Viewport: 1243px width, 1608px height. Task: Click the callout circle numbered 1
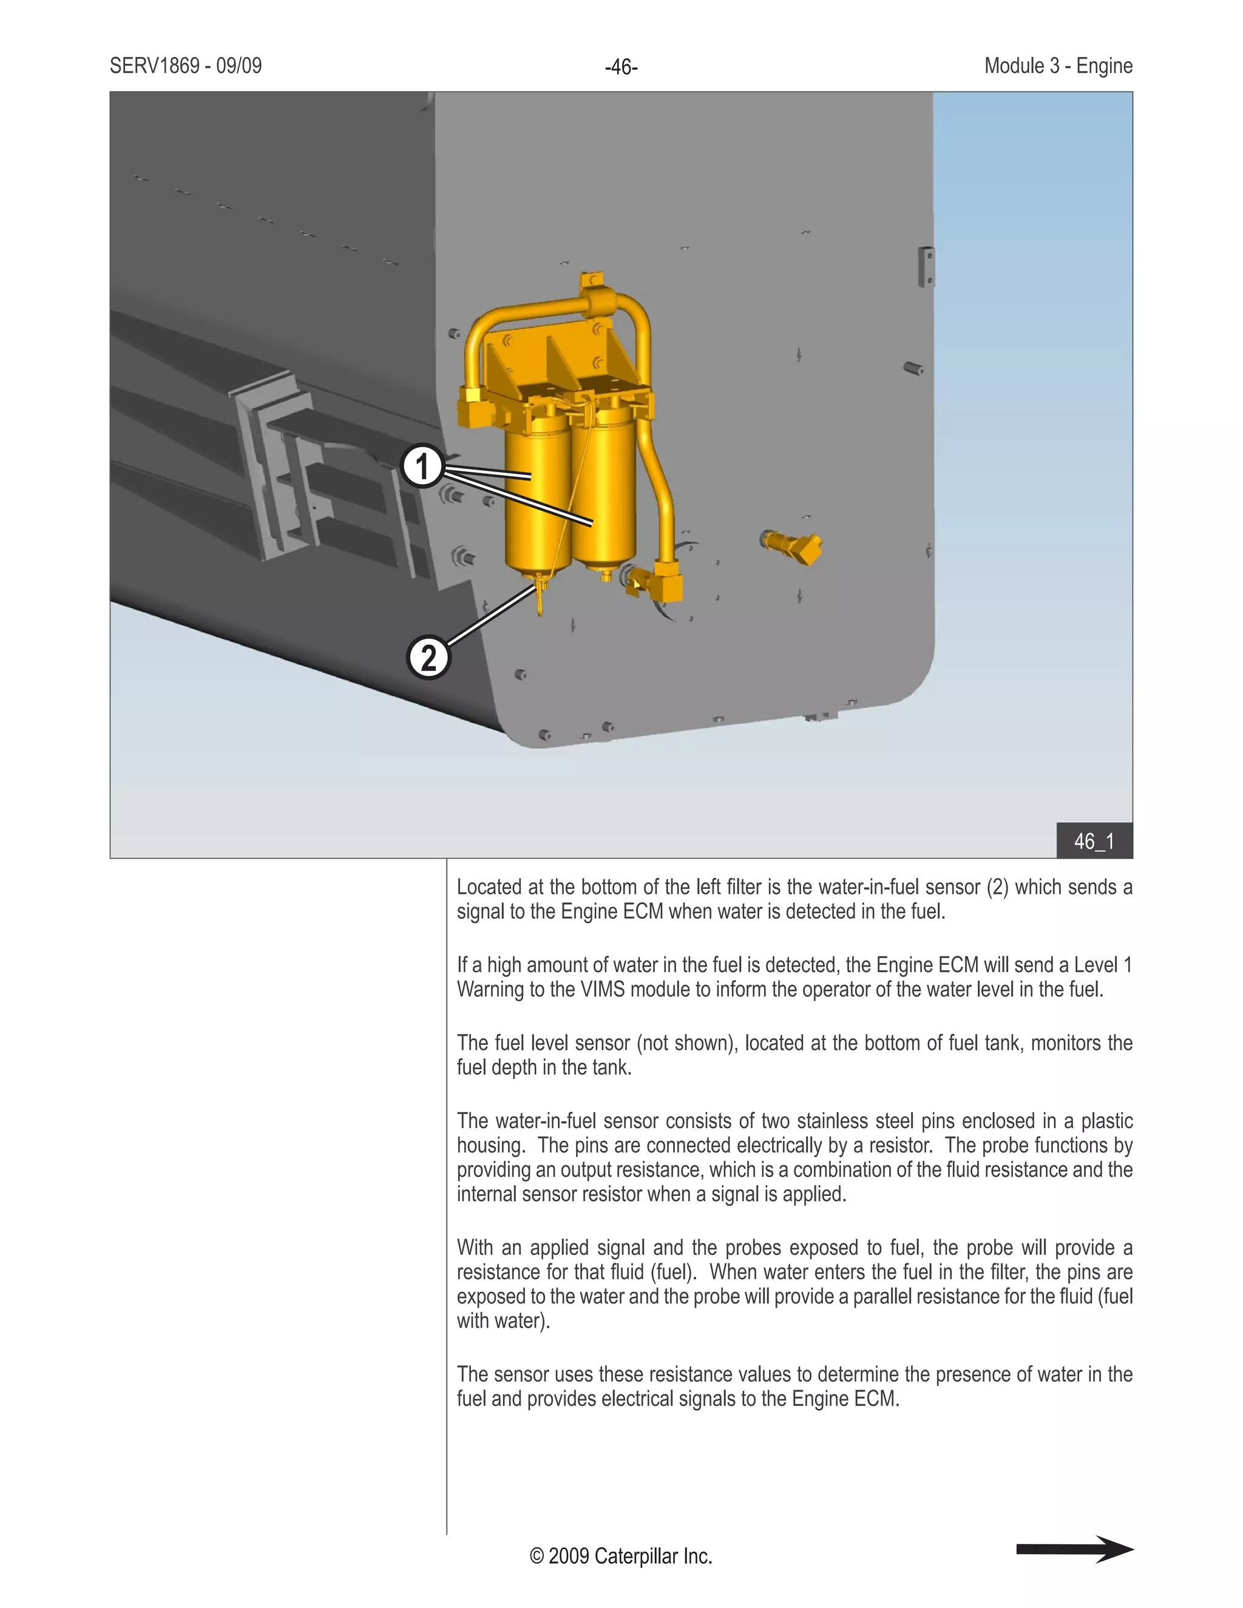[422, 466]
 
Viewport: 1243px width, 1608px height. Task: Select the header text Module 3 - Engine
[1057, 66]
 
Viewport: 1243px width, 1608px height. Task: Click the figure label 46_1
[1094, 841]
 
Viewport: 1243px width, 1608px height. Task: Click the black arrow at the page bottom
[1074, 1549]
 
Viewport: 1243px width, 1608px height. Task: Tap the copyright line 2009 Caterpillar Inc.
[621, 1556]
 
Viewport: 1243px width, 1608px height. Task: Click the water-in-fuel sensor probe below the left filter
[540, 596]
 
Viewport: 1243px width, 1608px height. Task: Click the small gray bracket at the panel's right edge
[926, 266]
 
